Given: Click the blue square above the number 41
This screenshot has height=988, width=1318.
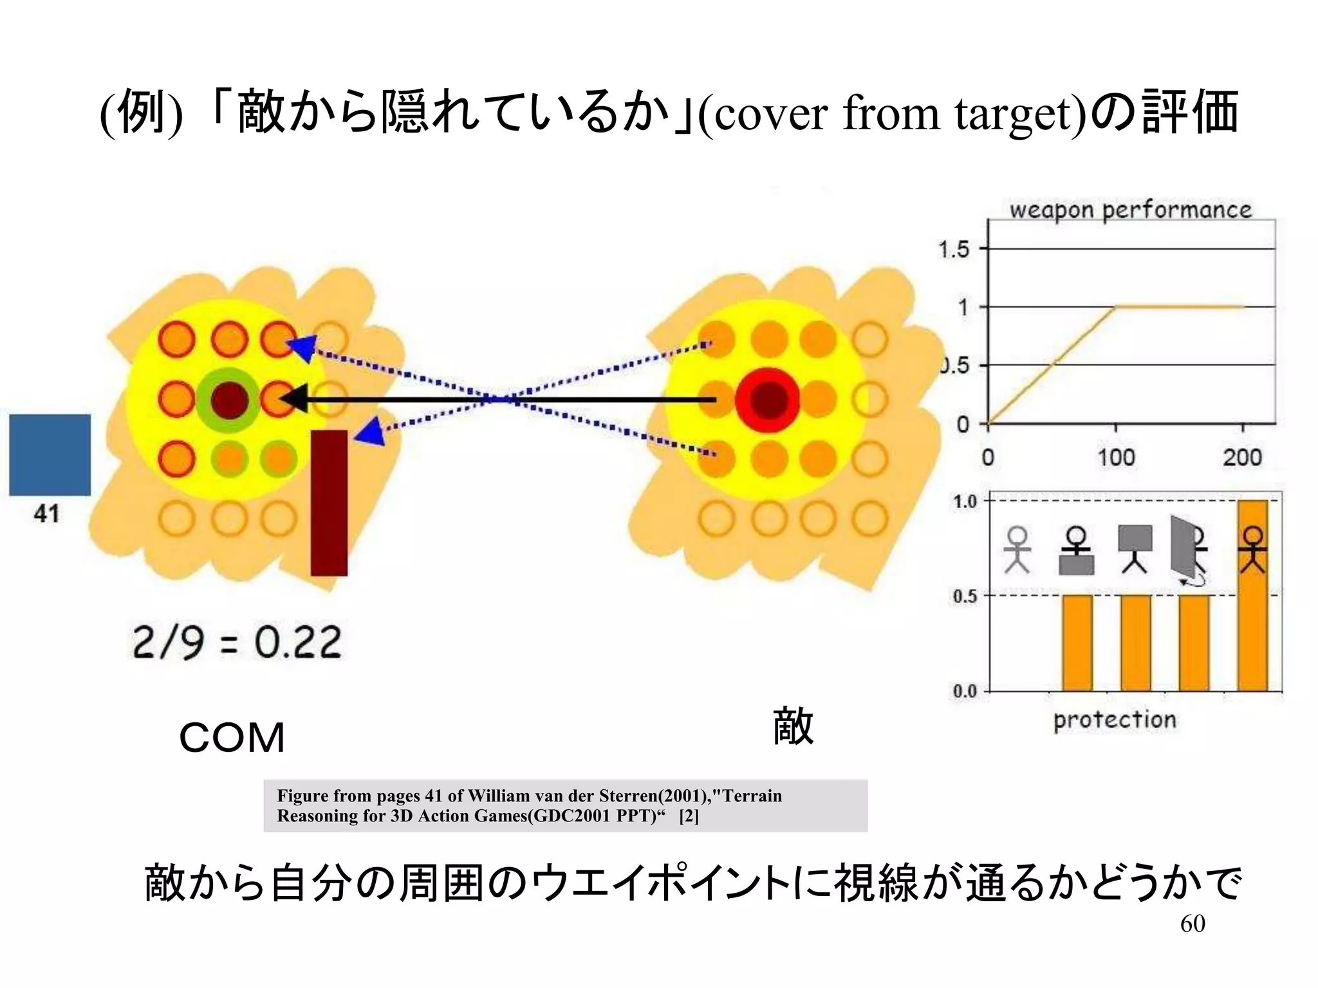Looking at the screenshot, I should [50, 455].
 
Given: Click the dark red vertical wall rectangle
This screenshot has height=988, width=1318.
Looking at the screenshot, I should [329, 502].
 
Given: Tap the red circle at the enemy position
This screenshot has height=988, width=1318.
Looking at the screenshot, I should [767, 399].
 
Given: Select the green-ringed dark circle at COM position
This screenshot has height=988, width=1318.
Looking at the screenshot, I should [229, 399].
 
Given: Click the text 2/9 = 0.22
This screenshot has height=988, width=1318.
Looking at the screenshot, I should [237, 643].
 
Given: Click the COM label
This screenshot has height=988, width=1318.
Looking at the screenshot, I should [232, 737].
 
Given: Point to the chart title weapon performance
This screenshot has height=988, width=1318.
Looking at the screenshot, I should [1130, 210].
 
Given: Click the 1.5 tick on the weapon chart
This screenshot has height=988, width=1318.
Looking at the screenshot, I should [954, 249].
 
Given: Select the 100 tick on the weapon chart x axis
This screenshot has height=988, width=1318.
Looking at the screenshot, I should [1116, 457].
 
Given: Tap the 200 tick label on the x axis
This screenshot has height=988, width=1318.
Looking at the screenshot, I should [1242, 457].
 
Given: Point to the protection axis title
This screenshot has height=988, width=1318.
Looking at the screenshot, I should [1115, 720].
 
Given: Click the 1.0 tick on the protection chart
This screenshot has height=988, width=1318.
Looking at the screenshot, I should [965, 502].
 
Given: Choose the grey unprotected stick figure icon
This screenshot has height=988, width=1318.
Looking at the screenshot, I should [1017, 549].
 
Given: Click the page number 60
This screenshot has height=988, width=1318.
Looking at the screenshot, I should [1193, 924].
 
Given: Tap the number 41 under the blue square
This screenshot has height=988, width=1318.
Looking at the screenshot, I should [46, 514].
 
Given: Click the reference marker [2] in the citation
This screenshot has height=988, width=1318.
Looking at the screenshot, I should [689, 816].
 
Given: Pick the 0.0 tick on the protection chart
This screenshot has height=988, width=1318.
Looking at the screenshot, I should [965, 691].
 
